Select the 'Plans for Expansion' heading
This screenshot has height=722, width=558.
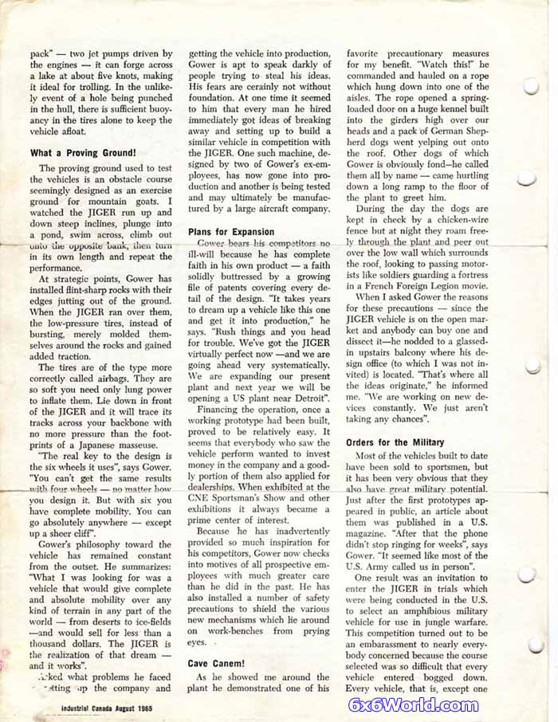(231, 232)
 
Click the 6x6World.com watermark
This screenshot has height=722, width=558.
(413, 704)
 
